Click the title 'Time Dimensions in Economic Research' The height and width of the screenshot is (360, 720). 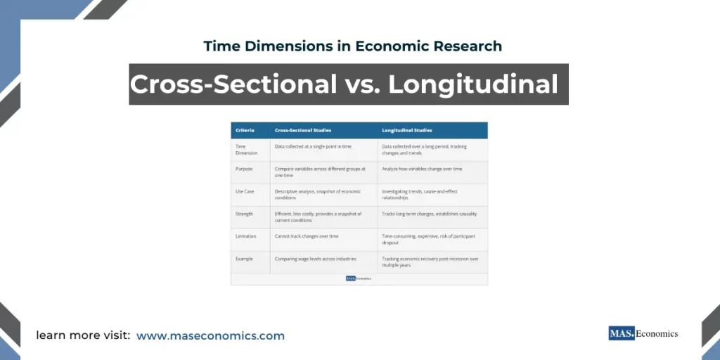[352, 46]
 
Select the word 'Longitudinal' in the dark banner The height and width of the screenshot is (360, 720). [473, 84]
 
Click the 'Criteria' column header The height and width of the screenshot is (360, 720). [245, 131]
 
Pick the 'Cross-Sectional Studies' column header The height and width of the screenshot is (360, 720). [303, 131]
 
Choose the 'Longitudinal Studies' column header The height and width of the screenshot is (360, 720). [407, 131]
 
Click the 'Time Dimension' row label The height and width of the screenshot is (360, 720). [247, 150]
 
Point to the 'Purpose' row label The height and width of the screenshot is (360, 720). [244, 169]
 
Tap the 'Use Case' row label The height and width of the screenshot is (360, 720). [245, 191]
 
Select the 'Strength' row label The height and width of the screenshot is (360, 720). [244, 214]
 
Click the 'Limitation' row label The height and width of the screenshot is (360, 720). [246, 236]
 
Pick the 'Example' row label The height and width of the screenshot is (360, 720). [244, 259]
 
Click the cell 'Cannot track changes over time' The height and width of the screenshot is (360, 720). [307, 236]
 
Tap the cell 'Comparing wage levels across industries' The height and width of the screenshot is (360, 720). [316, 259]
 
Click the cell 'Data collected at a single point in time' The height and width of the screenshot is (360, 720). [313, 146]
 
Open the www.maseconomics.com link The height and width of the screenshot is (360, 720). [210, 336]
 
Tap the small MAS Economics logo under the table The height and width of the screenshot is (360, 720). [359, 278]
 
